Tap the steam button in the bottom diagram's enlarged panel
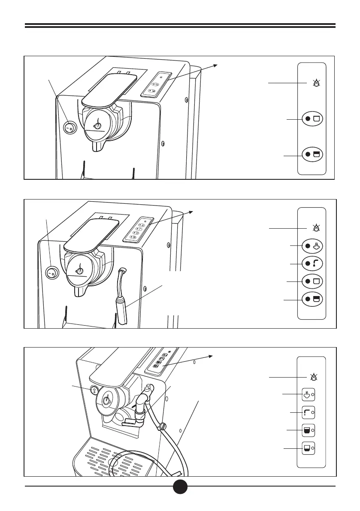point(308,394)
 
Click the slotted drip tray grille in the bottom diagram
point(116,459)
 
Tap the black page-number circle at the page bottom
point(180,487)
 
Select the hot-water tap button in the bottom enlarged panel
point(308,412)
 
